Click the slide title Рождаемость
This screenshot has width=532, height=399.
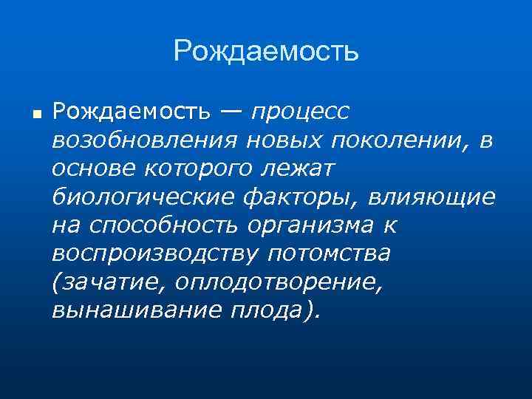pos(266,52)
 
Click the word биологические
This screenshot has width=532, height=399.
pos(143,198)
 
